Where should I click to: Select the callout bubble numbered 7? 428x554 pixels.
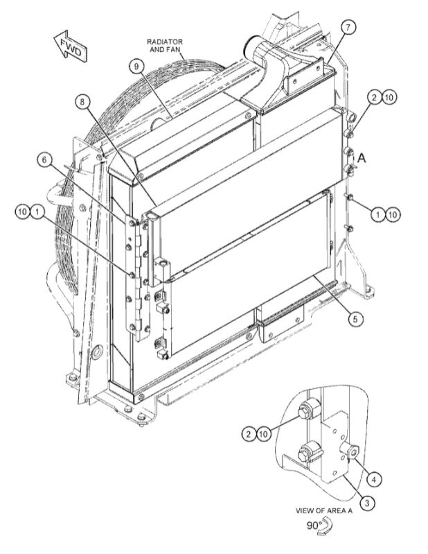click(x=348, y=28)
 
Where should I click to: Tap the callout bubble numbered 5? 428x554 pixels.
click(x=355, y=320)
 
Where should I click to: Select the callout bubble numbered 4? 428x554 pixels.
click(x=373, y=478)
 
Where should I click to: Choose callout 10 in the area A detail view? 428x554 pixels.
click(x=264, y=434)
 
